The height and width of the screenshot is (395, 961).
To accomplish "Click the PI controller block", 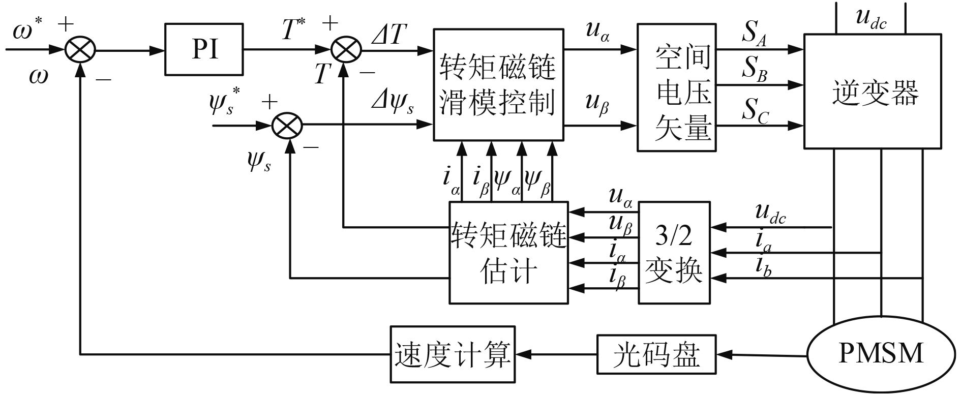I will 204,50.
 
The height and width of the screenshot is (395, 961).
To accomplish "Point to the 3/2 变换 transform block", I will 674,253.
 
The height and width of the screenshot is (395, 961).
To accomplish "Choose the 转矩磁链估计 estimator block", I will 508,253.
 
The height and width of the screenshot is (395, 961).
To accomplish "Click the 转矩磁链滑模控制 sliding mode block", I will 498,84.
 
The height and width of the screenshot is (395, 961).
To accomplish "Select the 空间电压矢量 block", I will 676,87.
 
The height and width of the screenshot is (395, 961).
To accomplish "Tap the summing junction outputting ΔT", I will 346,50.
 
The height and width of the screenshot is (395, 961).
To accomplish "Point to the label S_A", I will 754,34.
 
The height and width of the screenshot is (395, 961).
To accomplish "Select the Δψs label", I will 392,104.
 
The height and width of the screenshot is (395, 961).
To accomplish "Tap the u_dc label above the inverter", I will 870,18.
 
